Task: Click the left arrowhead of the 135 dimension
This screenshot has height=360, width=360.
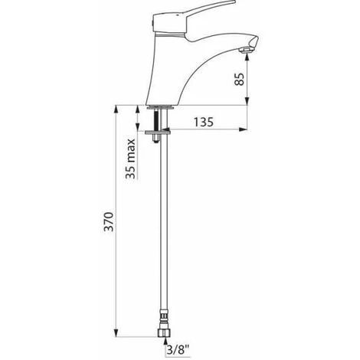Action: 165,128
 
